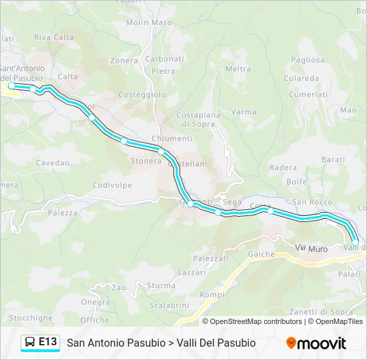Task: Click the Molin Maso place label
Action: pos(149,22)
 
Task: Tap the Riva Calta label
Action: pos(54,37)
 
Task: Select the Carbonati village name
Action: pos(164,59)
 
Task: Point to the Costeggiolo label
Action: pos(141,95)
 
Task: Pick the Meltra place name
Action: pos(238,69)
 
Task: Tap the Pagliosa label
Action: pos(308,59)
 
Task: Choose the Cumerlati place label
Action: pos(308,95)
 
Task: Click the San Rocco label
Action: pos(312,202)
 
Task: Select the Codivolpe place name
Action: pos(109,185)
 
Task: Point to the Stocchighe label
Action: pos(31,318)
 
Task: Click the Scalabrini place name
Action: pos(166,305)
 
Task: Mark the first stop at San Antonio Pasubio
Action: pos(11,86)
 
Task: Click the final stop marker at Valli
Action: pos(355,242)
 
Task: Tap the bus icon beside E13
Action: pos(29,343)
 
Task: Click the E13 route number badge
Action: pos(47,342)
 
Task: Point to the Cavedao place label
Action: pos(53,163)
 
